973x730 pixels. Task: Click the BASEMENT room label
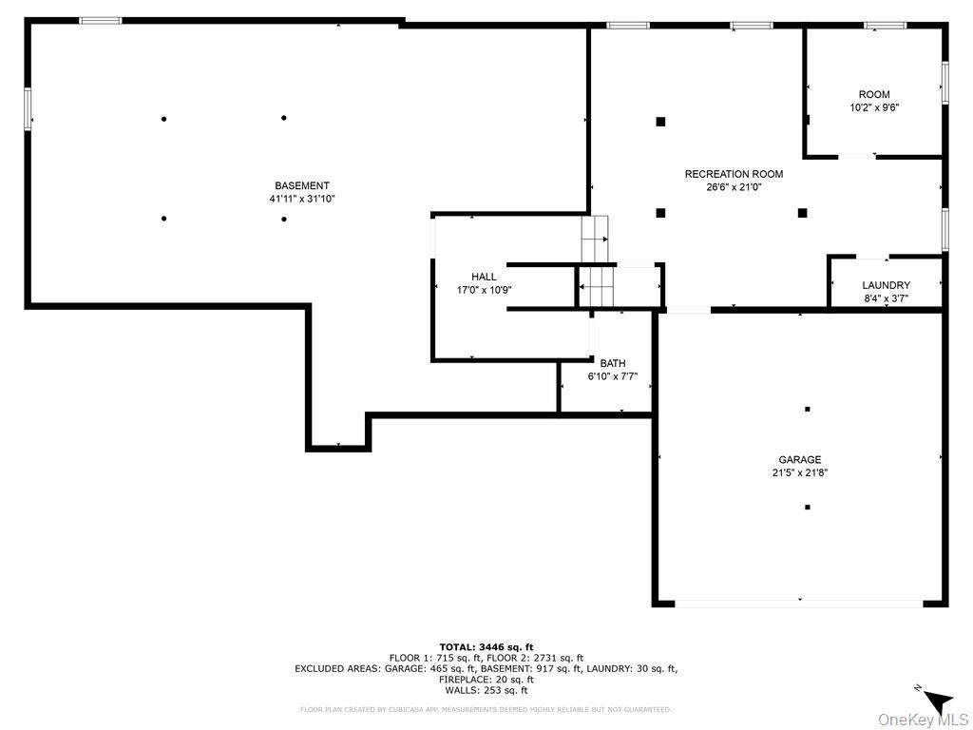point(302,185)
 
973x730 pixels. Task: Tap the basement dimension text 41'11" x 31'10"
point(302,200)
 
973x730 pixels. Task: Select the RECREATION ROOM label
point(734,174)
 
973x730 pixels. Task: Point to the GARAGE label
point(800,460)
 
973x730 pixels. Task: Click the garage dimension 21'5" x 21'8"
point(800,472)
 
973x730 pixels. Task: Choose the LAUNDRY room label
point(886,285)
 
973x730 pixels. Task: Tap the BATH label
point(612,363)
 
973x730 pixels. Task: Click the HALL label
point(484,277)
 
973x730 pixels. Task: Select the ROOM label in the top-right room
point(874,94)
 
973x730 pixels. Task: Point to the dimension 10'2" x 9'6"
point(874,107)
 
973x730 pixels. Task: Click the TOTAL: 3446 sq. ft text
point(486,646)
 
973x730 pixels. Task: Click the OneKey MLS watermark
point(923,720)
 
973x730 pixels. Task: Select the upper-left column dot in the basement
point(164,119)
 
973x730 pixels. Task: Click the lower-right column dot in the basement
point(284,219)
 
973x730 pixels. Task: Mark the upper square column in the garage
point(807,409)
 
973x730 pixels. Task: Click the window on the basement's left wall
point(28,108)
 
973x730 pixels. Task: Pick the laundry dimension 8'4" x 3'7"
point(886,298)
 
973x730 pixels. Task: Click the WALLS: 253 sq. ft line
point(486,690)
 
